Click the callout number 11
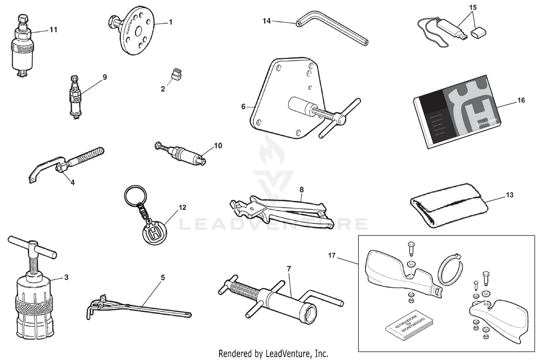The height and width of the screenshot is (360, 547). coord(53,30)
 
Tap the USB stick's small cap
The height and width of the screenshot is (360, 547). coord(477,33)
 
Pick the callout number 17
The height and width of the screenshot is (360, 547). coord(331,255)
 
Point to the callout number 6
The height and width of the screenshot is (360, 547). coord(243,107)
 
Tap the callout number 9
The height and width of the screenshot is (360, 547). coord(105,77)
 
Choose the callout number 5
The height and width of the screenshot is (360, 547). coord(163,278)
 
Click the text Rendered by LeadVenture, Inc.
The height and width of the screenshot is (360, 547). coord(273,353)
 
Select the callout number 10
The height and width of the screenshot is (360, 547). coord(218,146)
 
